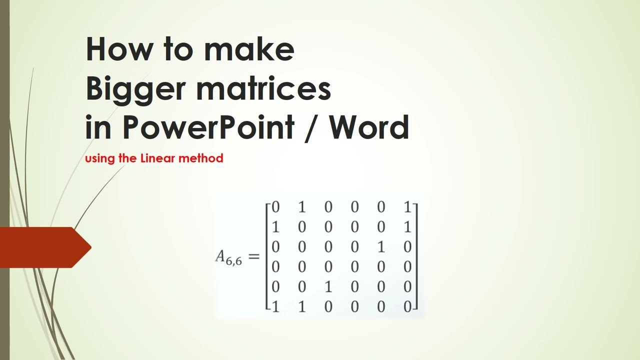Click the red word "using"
(100, 159)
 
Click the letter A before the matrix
(221, 256)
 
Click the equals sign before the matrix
(254, 257)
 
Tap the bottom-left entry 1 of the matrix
(275, 306)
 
